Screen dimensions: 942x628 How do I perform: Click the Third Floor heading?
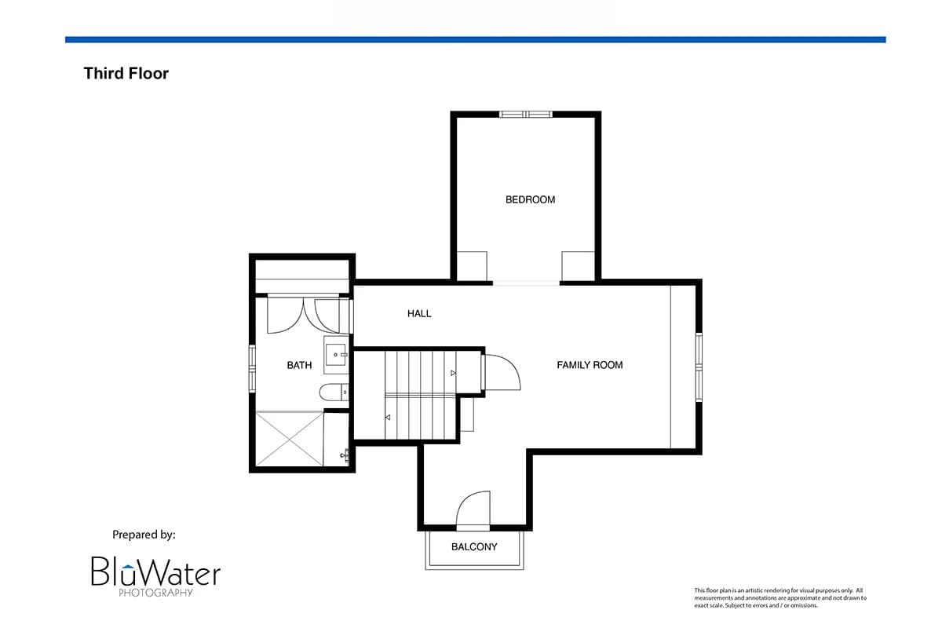click(x=126, y=74)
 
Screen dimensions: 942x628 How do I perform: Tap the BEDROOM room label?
click(x=530, y=199)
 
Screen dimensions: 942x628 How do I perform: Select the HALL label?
click(x=419, y=313)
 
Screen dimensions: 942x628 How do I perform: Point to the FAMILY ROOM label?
click(x=590, y=365)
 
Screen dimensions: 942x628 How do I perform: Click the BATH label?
click(x=299, y=365)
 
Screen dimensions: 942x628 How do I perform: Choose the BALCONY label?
click(x=474, y=547)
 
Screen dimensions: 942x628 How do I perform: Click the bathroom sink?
click(x=336, y=355)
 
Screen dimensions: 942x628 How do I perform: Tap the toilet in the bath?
click(x=334, y=392)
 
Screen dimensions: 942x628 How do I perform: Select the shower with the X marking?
click(x=290, y=439)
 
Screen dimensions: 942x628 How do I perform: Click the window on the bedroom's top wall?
click(x=526, y=114)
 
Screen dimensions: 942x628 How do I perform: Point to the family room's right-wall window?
click(x=699, y=367)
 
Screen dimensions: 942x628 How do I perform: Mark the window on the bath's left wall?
click(x=252, y=368)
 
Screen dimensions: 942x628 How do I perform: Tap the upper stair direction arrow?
click(x=453, y=373)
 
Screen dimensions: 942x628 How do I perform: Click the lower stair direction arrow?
click(x=388, y=418)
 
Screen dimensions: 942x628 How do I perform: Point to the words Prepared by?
click(x=144, y=535)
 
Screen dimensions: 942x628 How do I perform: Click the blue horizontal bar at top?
click(x=475, y=40)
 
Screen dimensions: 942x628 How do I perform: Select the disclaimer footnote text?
click(x=780, y=597)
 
